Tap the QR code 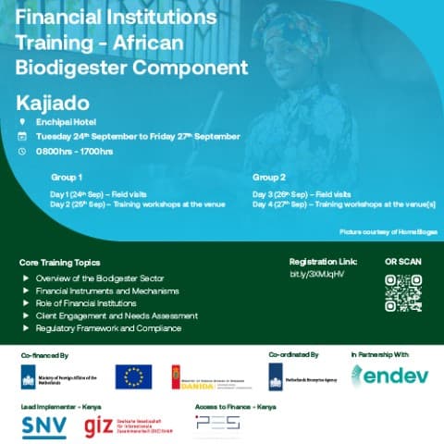(x=403, y=293)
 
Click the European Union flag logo (x=133, y=376)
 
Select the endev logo (x=388, y=376)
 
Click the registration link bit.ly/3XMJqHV (x=316, y=275)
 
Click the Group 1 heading (x=67, y=176)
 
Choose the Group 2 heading (x=268, y=176)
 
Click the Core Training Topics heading (x=59, y=263)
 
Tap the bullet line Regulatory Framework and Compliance (x=108, y=328)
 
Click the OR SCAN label (x=402, y=262)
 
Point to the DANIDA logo (x=213, y=376)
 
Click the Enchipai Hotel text (x=63, y=121)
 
